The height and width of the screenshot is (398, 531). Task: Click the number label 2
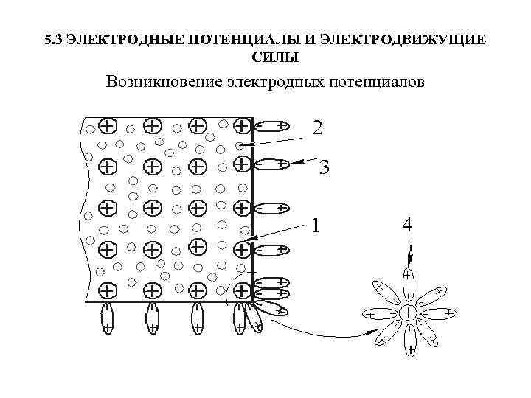pos(316,128)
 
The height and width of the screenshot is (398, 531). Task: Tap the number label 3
pos(323,169)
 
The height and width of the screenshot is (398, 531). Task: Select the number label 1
pos(316,224)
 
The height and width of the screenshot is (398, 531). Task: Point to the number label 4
pos(406,226)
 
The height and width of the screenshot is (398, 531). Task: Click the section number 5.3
pos(53,40)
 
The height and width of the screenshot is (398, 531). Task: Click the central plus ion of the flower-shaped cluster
pos(407,313)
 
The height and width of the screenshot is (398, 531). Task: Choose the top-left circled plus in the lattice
pos(108,125)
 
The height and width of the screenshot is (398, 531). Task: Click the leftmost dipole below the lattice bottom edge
pos(108,318)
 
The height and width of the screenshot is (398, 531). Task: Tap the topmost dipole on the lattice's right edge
pos(271,126)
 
